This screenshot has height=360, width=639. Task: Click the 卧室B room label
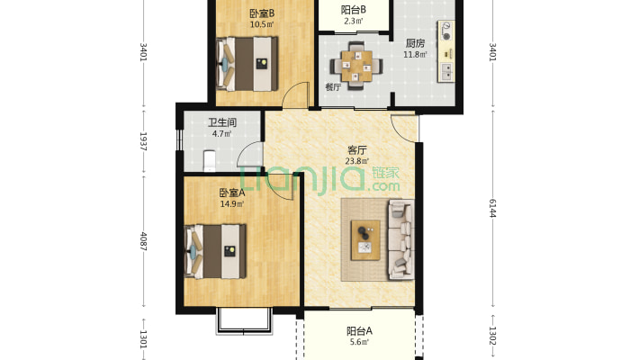262,13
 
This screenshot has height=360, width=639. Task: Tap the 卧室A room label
231,192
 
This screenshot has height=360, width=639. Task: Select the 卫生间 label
221,122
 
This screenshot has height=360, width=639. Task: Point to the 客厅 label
356,150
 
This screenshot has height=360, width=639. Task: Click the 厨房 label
415,43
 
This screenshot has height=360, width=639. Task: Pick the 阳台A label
358,330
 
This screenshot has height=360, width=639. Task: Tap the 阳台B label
353,9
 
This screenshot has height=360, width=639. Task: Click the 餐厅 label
333,87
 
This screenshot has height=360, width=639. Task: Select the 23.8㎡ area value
356,163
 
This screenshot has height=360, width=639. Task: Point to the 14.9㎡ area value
231,203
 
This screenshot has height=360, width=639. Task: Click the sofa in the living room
400,238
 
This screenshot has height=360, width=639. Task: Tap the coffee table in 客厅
365,239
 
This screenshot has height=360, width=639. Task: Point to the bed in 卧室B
246,63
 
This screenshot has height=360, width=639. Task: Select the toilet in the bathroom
209,161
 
